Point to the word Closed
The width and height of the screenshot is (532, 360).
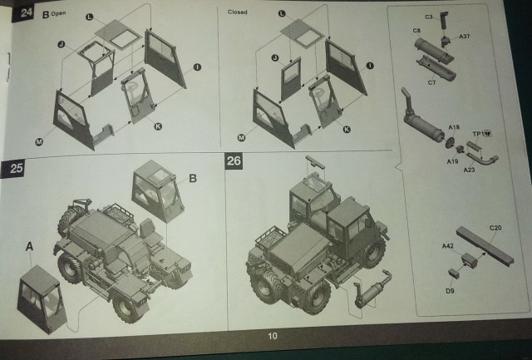[x=239, y=12]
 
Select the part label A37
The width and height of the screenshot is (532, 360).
[x=465, y=37]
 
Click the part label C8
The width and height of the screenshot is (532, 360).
[x=416, y=31]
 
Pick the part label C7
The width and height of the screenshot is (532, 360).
[x=431, y=83]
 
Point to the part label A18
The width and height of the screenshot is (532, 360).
[x=454, y=127]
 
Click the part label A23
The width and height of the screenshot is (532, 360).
[x=469, y=169]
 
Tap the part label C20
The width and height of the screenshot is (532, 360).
[x=495, y=227]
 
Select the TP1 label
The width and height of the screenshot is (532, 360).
[x=480, y=133]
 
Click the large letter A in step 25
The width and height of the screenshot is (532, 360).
[x=30, y=246]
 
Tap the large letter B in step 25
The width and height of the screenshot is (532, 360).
[x=192, y=178]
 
